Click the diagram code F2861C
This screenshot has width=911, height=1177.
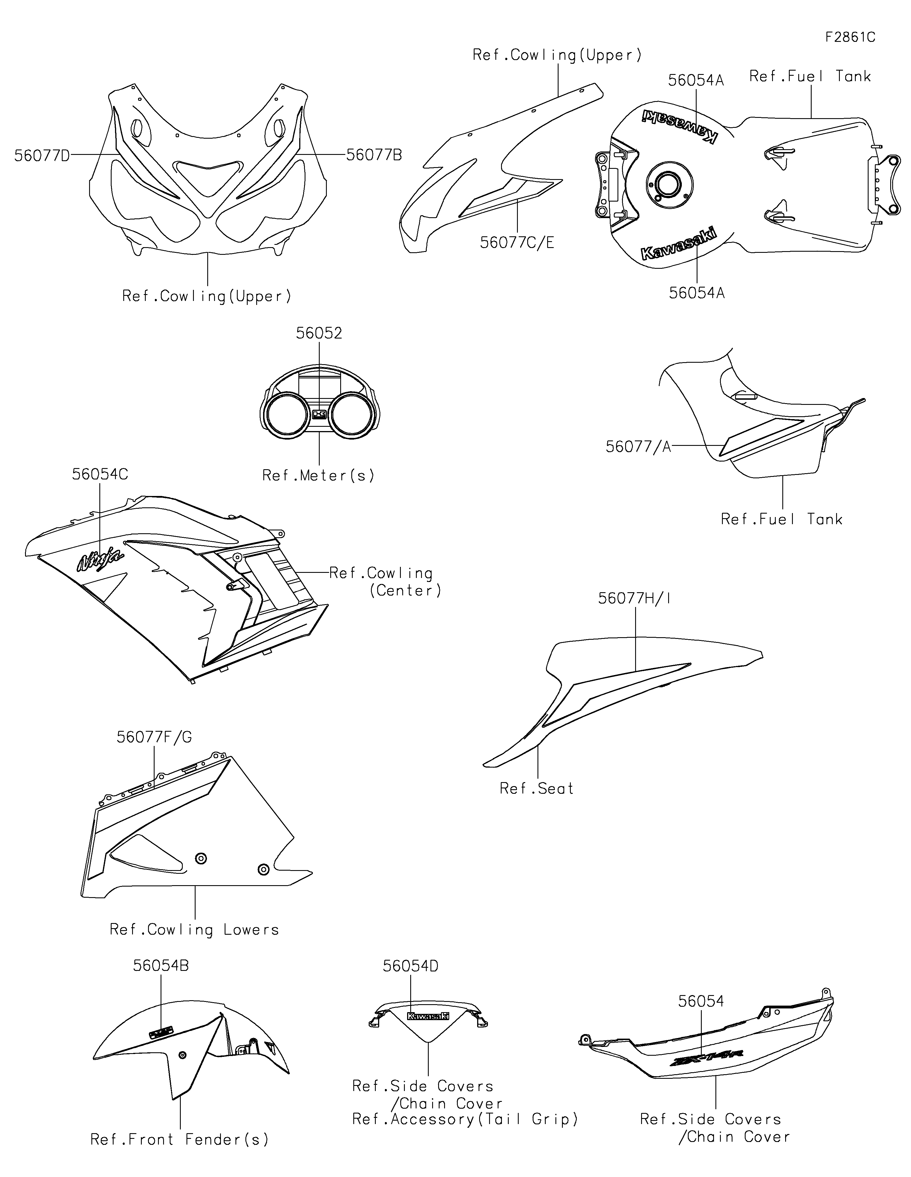click(x=850, y=37)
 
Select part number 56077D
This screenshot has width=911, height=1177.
click(x=42, y=156)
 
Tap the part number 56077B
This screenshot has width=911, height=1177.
click(x=374, y=155)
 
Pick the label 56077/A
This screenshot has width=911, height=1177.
click(x=638, y=447)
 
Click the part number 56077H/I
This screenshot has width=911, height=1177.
click(x=635, y=598)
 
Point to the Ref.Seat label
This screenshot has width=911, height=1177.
click(x=537, y=788)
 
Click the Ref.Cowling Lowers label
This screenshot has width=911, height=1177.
click(x=194, y=930)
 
